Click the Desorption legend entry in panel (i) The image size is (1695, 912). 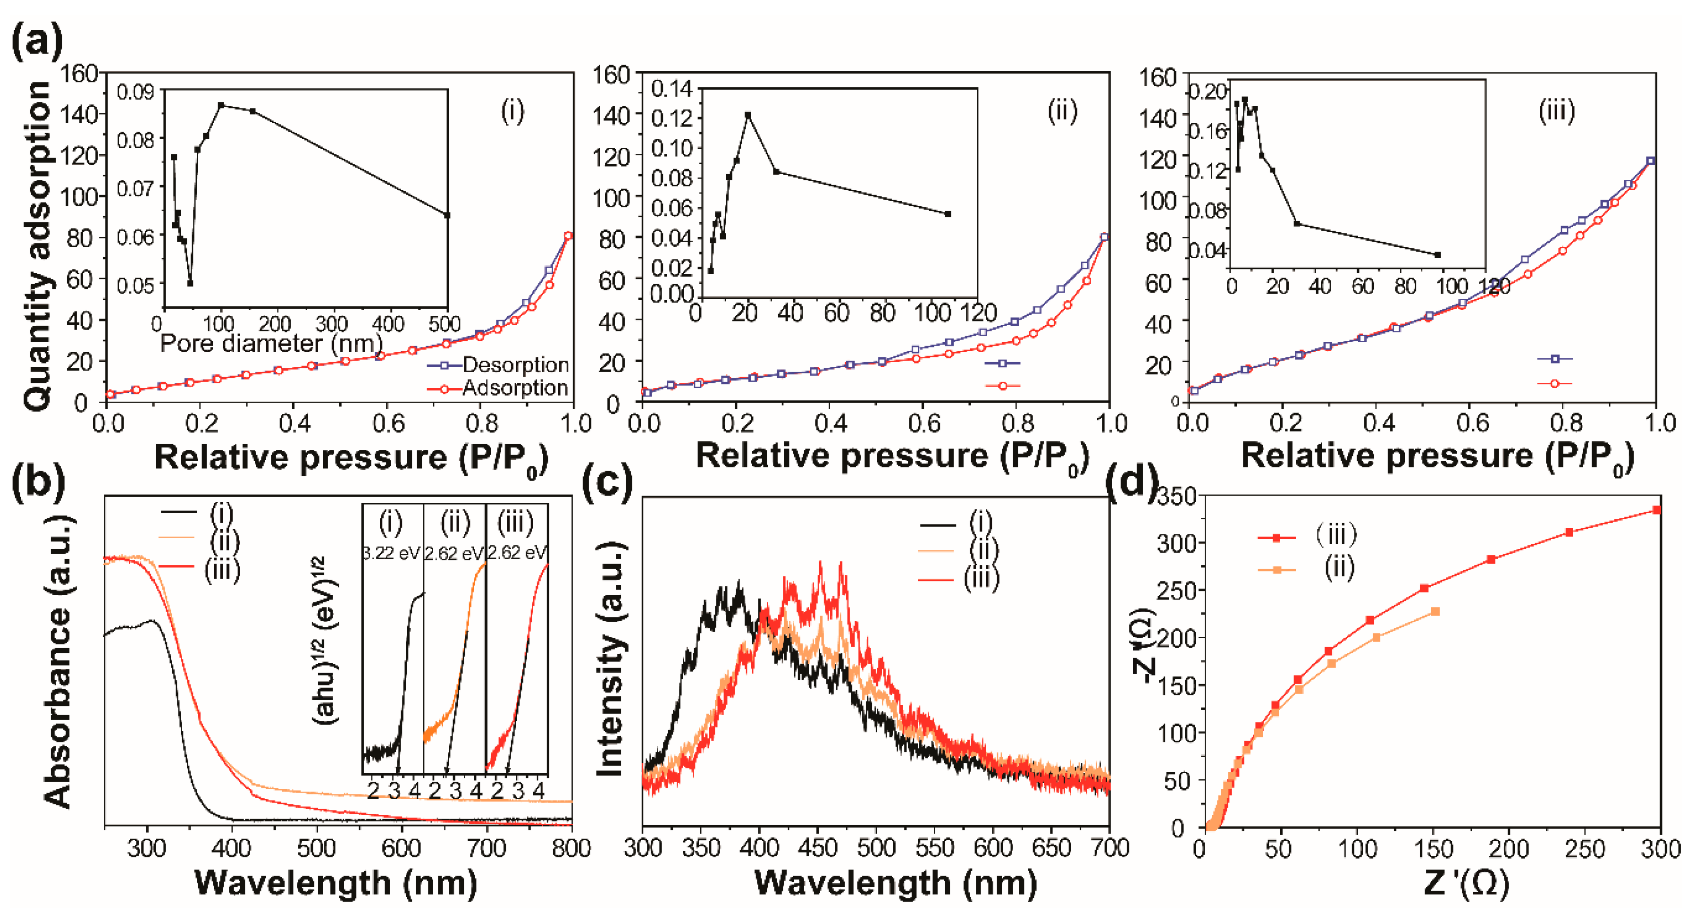[x=514, y=364]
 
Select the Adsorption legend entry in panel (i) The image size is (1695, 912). [x=514, y=388]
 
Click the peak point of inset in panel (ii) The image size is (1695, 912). [x=747, y=115]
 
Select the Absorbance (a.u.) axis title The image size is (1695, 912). [x=58, y=661]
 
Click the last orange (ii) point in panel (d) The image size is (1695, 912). [x=1435, y=611]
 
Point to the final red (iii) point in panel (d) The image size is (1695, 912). [x=1657, y=510]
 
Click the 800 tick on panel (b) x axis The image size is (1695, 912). [x=571, y=849]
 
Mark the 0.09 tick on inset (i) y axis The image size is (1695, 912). [x=135, y=92]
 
